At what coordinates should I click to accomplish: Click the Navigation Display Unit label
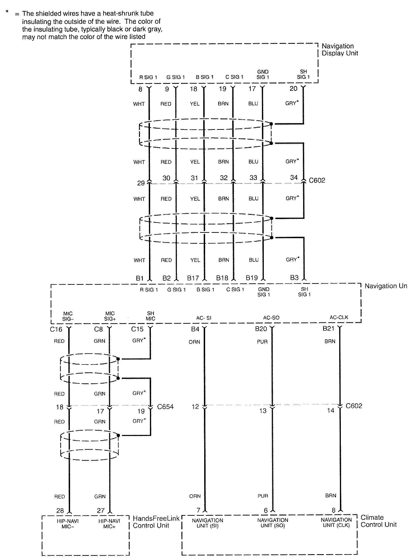click(339, 50)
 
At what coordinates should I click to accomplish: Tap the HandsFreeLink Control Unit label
click(156, 522)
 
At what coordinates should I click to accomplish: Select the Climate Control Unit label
click(378, 521)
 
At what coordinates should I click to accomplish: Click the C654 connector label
click(165, 407)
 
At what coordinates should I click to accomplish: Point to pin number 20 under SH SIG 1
click(293, 89)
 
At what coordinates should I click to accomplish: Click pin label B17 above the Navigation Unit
click(193, 278)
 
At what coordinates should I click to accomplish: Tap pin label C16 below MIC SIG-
click(56, 329)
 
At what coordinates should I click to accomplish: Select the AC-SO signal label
click(271, 318)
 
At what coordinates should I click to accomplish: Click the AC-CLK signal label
click(339, 317)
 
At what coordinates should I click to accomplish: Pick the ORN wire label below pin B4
click(194, 342)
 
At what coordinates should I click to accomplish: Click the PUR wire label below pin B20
click(262, 342)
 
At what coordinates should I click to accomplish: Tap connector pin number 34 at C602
click(294, 178)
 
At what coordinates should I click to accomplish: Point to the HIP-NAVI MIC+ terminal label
click(109, 524)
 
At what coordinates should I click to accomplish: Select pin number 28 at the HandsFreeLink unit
click(60, 511)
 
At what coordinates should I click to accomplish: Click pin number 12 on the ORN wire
click(195, 407)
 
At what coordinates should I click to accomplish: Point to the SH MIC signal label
click(150, 316)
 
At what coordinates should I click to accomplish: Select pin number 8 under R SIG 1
click(140, 89)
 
